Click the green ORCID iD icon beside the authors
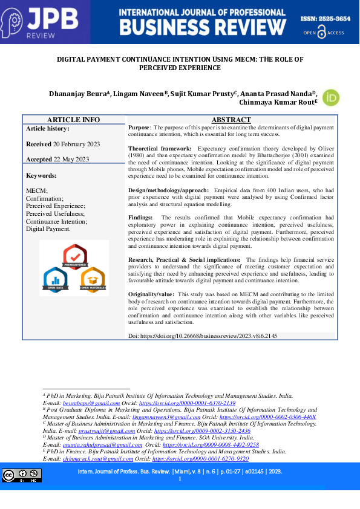(x=330, y=98)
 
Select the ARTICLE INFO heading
(x=74, y=120)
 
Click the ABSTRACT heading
(x=231, y=120)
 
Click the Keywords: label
(x=41, y=175)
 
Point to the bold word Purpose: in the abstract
(x=140, y=128)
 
